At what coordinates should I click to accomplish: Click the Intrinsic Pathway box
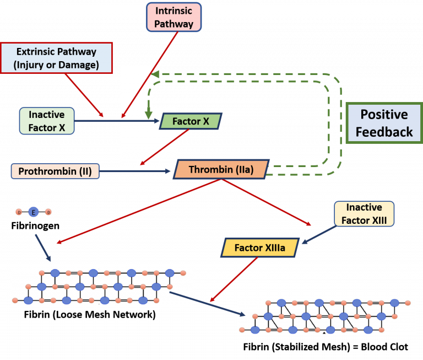(174, 17)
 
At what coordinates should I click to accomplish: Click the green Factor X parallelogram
(191, 121)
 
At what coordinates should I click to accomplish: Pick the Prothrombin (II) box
(55, 171)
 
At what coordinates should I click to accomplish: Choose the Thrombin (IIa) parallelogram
(221, 170)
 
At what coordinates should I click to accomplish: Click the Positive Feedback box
(384, 123)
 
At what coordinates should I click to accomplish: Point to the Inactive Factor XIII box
(365, 214)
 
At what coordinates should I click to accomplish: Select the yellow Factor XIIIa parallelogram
(260, 248)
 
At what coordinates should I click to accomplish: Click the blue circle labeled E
(34, 212)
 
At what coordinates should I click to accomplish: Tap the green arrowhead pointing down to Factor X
(148, 114)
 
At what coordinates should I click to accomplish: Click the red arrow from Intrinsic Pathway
(150, 74)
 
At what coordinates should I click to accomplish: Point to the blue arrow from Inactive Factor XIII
(318, 234)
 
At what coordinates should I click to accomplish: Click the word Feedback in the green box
(384, 132)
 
